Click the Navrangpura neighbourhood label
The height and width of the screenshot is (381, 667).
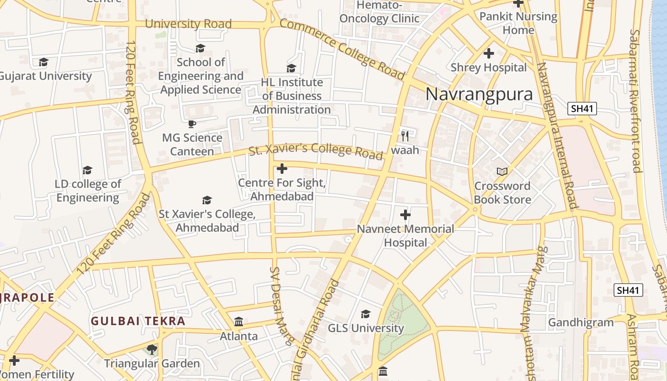[x=479, y=94]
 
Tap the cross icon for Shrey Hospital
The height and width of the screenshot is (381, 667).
[x=488, y=53]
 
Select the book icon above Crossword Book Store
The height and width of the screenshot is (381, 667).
[x=502, y=171]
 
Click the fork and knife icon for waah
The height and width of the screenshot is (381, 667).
[x=405, y=136]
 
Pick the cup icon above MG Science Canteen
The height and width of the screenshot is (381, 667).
[x=192, y=124]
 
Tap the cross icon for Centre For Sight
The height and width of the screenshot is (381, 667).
[x=282, y=169]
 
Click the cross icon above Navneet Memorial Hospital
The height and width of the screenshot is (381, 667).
[x=405, y=215]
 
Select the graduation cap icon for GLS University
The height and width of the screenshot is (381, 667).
[x=365, y=314]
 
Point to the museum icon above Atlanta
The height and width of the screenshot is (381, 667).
[x=239, y=322]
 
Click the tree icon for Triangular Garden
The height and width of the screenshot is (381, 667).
[x=152, y=350]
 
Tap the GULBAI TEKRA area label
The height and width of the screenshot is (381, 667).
[x=138, y=321]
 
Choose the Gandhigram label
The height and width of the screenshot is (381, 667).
[x=581, y=322]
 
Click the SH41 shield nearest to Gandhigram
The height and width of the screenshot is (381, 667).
[x=628, y=290]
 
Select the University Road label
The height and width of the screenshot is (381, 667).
[x=188, y=24]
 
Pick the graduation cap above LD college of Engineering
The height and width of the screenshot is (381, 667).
[x=87, y=170]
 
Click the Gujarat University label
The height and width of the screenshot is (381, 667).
[x=45, y=76]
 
